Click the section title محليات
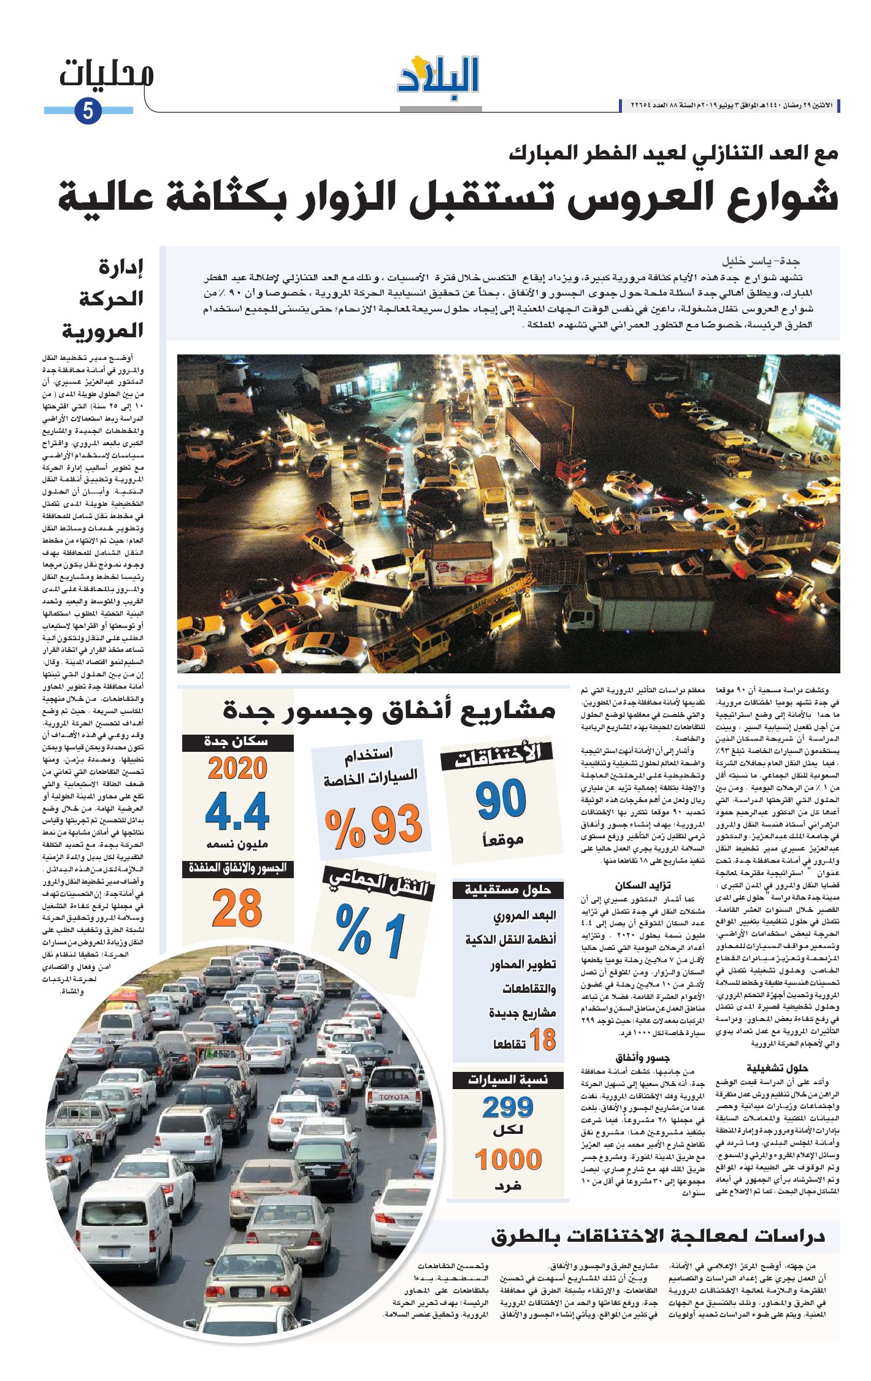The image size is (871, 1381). click(106, 74)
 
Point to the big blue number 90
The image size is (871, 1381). click(501, 799)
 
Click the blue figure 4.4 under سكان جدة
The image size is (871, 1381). click(237, 812)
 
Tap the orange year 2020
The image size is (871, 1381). click(237, 768)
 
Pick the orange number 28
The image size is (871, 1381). click(237, 909)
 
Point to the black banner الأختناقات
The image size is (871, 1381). click(497, 756)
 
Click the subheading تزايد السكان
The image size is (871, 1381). click(643, 885)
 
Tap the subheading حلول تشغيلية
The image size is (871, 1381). click(777, 1068)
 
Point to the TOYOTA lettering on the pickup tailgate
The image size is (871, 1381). click(393, 1097)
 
